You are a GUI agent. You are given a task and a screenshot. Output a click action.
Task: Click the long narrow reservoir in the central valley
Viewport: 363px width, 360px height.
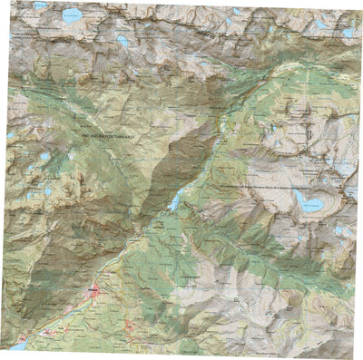click(173, 202)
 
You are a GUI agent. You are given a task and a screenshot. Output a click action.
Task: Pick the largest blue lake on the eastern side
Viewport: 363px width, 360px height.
click(307, 201)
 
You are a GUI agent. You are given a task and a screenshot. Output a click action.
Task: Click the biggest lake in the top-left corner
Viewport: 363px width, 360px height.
click(70, 15)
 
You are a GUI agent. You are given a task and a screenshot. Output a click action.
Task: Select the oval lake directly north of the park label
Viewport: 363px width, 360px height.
click(122, 41)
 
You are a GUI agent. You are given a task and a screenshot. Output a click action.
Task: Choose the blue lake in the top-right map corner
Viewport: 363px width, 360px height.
click(348, 33)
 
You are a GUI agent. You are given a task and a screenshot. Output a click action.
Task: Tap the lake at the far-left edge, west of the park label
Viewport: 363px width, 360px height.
click(10, 135)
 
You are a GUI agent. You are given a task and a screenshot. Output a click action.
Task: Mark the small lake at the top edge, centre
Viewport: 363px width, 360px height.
click(238, 11)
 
